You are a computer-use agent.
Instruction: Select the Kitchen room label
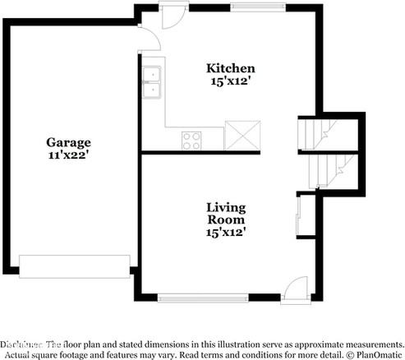click(230, 68)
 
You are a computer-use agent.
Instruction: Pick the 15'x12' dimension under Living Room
click(226, 233)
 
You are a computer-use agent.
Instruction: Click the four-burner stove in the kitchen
click(192, 140)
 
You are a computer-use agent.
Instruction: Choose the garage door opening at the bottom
click(74, 265)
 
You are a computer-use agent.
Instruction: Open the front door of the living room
click(292, 289)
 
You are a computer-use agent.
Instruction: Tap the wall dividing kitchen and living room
click(218, 153)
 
